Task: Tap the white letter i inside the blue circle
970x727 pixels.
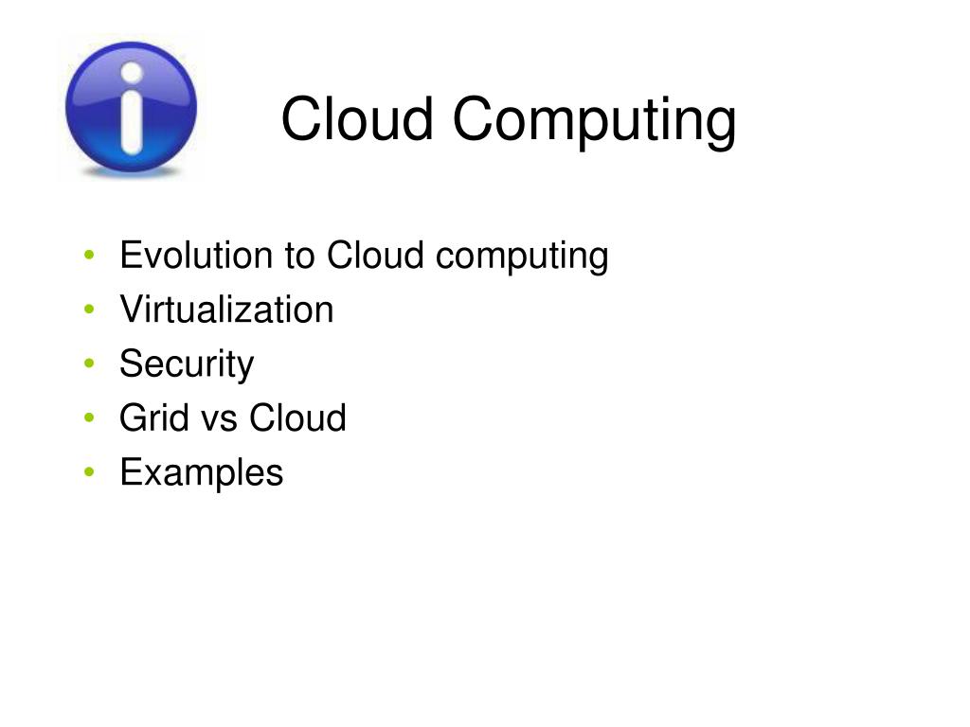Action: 132,108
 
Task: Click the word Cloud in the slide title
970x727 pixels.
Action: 357,118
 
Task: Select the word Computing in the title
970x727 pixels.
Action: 595,121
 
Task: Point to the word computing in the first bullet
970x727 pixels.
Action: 522,257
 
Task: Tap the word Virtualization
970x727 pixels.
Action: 226,310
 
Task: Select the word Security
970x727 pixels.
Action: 187,364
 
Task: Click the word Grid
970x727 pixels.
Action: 154,417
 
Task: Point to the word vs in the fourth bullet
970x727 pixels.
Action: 220,421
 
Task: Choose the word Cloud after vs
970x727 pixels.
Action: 297,417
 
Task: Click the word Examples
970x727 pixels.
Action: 202,473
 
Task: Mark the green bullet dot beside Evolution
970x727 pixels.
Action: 89,255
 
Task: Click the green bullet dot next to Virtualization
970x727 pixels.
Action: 89,310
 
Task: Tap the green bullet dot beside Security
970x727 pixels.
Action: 89,363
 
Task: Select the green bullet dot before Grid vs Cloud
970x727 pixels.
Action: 89,417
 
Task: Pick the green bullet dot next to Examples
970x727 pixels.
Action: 89,472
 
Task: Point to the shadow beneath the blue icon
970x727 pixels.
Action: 131,172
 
